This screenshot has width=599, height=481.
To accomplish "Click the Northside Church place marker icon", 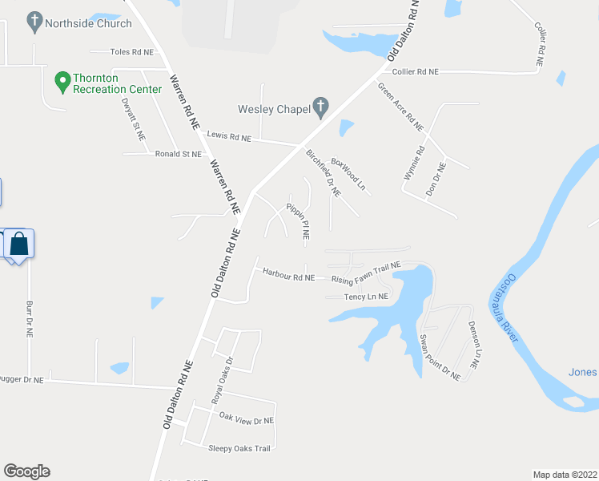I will pyautogui.click(x=34, y=22).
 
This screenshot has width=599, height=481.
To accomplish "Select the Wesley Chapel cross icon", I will pyautogui.click(x=320, y=106).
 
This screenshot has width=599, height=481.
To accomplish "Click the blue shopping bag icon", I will pyautogui.click(x=19, y=243).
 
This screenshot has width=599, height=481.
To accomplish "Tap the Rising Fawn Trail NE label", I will pyautogui.click(x=366, y=274).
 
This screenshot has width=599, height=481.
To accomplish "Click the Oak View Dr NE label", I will pyautogui.click(x=247, y=419).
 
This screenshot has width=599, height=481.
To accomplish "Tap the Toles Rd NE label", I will pyautogui.click(x=131, y=52).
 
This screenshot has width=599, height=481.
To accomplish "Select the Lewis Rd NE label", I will pyautogui.click(x=229, y=137).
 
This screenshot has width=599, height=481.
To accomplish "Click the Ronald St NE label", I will pyautogui.click(x=179, y=154).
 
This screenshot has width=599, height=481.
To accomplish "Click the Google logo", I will pyautogui.click(x=27, y=471).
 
